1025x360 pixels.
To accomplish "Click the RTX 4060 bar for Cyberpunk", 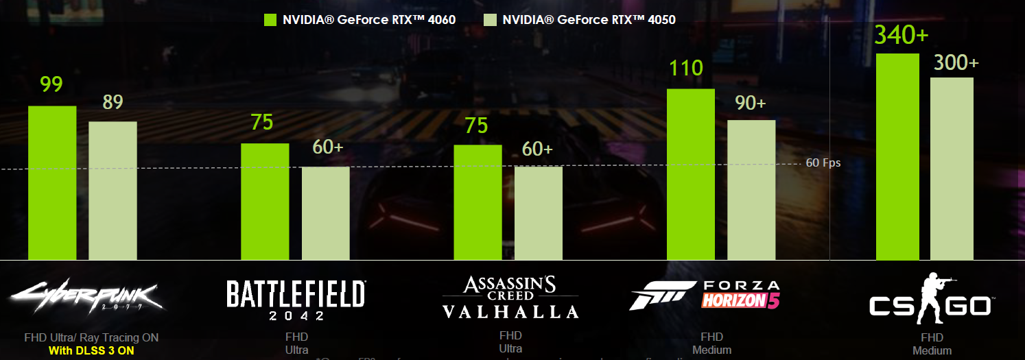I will [52, 183].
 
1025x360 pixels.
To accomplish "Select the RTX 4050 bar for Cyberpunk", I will [113, 191].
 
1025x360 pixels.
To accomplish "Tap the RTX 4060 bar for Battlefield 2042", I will [265, 202].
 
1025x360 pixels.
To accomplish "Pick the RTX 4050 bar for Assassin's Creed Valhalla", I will [539, 213].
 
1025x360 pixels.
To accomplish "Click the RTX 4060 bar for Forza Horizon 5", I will [691, 174].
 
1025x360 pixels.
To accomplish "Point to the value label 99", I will [51, 84].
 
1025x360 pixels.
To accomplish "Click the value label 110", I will [687, 68].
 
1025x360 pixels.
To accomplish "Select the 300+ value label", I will [956, 62].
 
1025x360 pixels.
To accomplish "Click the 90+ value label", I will [750, 102].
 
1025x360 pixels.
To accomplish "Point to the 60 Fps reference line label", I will [823, 163].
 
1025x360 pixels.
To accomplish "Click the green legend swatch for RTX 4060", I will [270, 20].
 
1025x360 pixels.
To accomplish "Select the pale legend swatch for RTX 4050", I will [489, 20].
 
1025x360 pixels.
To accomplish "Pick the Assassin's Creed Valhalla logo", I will [510, 298].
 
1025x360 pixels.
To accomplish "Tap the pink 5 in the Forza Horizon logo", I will [773, 300].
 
